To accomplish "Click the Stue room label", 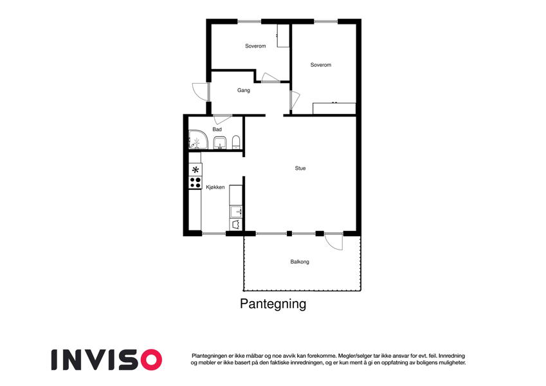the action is (x=300, y=169).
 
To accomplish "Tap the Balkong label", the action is (x=300, y=262).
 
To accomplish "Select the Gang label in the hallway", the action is (x=243, y=91).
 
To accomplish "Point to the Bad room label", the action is (x=217, y=129).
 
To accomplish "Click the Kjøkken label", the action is (x=215, y=187).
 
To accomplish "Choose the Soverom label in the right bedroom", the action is (x=321, y=65).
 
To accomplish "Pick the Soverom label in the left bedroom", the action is (x=255, y=46).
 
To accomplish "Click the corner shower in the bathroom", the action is (x=198, y=140).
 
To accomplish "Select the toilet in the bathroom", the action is (x=236, y=142).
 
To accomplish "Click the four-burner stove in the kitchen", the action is (x=196, y=183).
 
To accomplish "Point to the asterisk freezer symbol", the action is (x=196, y=170).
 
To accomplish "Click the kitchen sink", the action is (x=236, y=212).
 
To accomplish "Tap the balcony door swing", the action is (x=334, y=242).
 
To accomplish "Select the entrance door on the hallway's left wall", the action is (x=201, y=92).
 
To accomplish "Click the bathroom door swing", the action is (x=223, y=119).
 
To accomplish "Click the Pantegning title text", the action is (x=273, y=304).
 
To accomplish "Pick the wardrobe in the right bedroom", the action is (x=334, y=108).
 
